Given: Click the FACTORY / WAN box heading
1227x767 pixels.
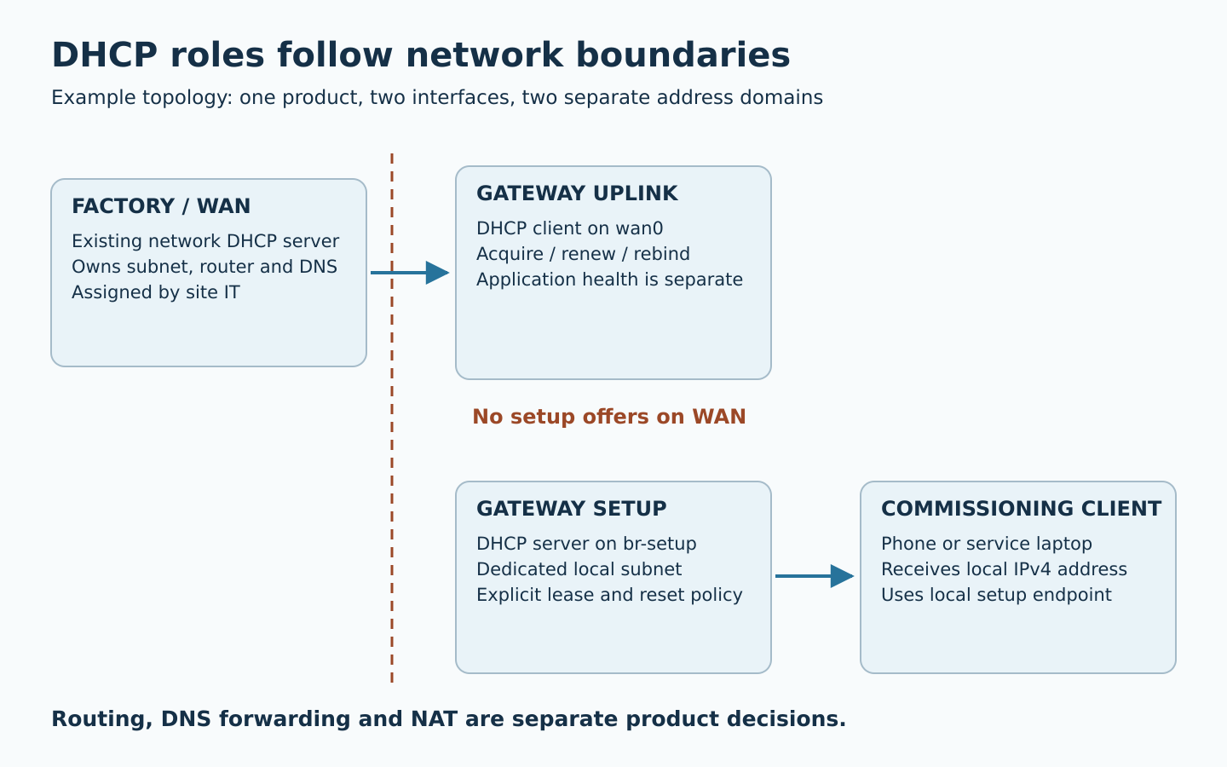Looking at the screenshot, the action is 161,206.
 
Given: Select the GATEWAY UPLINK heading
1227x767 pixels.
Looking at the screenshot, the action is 577,193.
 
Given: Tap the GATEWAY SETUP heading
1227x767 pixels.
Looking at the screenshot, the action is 571,509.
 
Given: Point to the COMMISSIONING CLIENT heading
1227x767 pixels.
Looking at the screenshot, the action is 1021,509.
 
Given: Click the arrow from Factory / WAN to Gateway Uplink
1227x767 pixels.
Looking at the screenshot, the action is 410,273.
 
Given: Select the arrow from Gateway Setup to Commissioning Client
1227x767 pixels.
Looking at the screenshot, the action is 815,576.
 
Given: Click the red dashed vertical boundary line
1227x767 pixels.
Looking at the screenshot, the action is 392,418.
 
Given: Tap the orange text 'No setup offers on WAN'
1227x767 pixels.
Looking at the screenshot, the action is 609,417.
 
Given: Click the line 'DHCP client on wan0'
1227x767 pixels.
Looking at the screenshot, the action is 570,228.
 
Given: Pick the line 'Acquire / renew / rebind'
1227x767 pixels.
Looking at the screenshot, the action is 583,254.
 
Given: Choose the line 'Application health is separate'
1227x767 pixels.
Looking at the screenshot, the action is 610,280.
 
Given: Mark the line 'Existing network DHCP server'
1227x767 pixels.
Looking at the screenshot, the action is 205,241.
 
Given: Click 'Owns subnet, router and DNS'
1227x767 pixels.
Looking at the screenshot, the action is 204,266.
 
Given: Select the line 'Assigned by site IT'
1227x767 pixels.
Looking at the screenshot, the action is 156,292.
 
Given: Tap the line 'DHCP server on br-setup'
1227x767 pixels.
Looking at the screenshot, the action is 586,544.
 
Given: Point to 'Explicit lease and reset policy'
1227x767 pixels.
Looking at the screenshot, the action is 609,595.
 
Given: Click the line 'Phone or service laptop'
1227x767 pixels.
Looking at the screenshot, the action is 987,544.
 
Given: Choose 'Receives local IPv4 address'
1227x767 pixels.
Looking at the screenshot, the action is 1004,569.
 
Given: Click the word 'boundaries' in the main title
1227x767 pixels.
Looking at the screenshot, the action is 683,55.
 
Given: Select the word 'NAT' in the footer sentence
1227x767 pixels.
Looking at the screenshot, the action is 435,718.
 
